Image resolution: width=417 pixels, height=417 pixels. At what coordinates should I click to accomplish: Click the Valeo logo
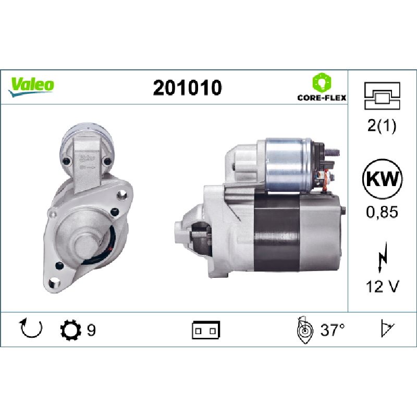coord(31,87)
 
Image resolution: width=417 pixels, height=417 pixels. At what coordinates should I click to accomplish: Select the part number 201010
coord(187,88)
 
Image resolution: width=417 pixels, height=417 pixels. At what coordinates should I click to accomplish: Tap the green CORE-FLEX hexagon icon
coord(322,83)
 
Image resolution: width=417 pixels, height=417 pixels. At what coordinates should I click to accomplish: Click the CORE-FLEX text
coord(322,98)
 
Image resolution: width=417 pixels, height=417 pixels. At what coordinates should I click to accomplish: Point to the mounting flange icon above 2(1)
coord(382,96)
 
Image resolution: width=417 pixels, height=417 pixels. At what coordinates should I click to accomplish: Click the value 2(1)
coord(382,125)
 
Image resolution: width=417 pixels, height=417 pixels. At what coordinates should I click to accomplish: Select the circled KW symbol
coord(382,179)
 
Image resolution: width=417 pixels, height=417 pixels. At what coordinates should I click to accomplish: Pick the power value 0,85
coord(382,212)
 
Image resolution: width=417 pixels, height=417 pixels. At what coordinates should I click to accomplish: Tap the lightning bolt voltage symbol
coord(382,257)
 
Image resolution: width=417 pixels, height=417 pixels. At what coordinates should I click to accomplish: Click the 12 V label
coord(383,287)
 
